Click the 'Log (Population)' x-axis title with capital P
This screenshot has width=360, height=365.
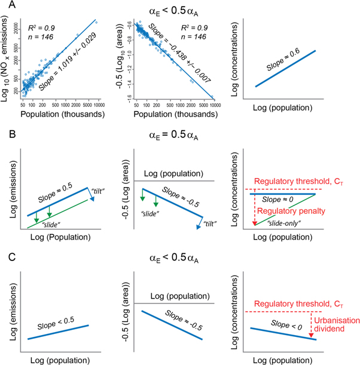tap(62, 237)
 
